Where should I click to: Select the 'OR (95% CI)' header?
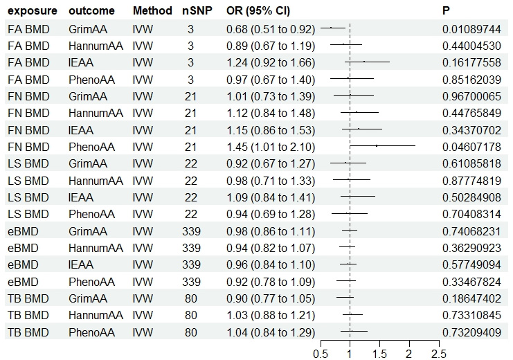pyautogui.click(x=258, y=12)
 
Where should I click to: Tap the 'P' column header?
pyautogui.click(x=447, y=12)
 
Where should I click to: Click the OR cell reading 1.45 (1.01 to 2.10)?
pyautogui.click(x=271, y=147)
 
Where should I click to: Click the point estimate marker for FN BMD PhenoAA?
pyautogui.click(x=377, y=146)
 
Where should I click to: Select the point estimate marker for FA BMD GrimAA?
pyautogui.click(x=331, y=28)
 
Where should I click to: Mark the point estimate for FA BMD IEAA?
pyautogui.click(x=364, y=62)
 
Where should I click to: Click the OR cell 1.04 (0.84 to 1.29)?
pyautogui.click(x=271, y=332)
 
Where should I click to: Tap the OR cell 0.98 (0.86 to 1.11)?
pyautogui.click(x=271, y=231)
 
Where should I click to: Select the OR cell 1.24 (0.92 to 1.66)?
pyautogui.click(x=271, y=62)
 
